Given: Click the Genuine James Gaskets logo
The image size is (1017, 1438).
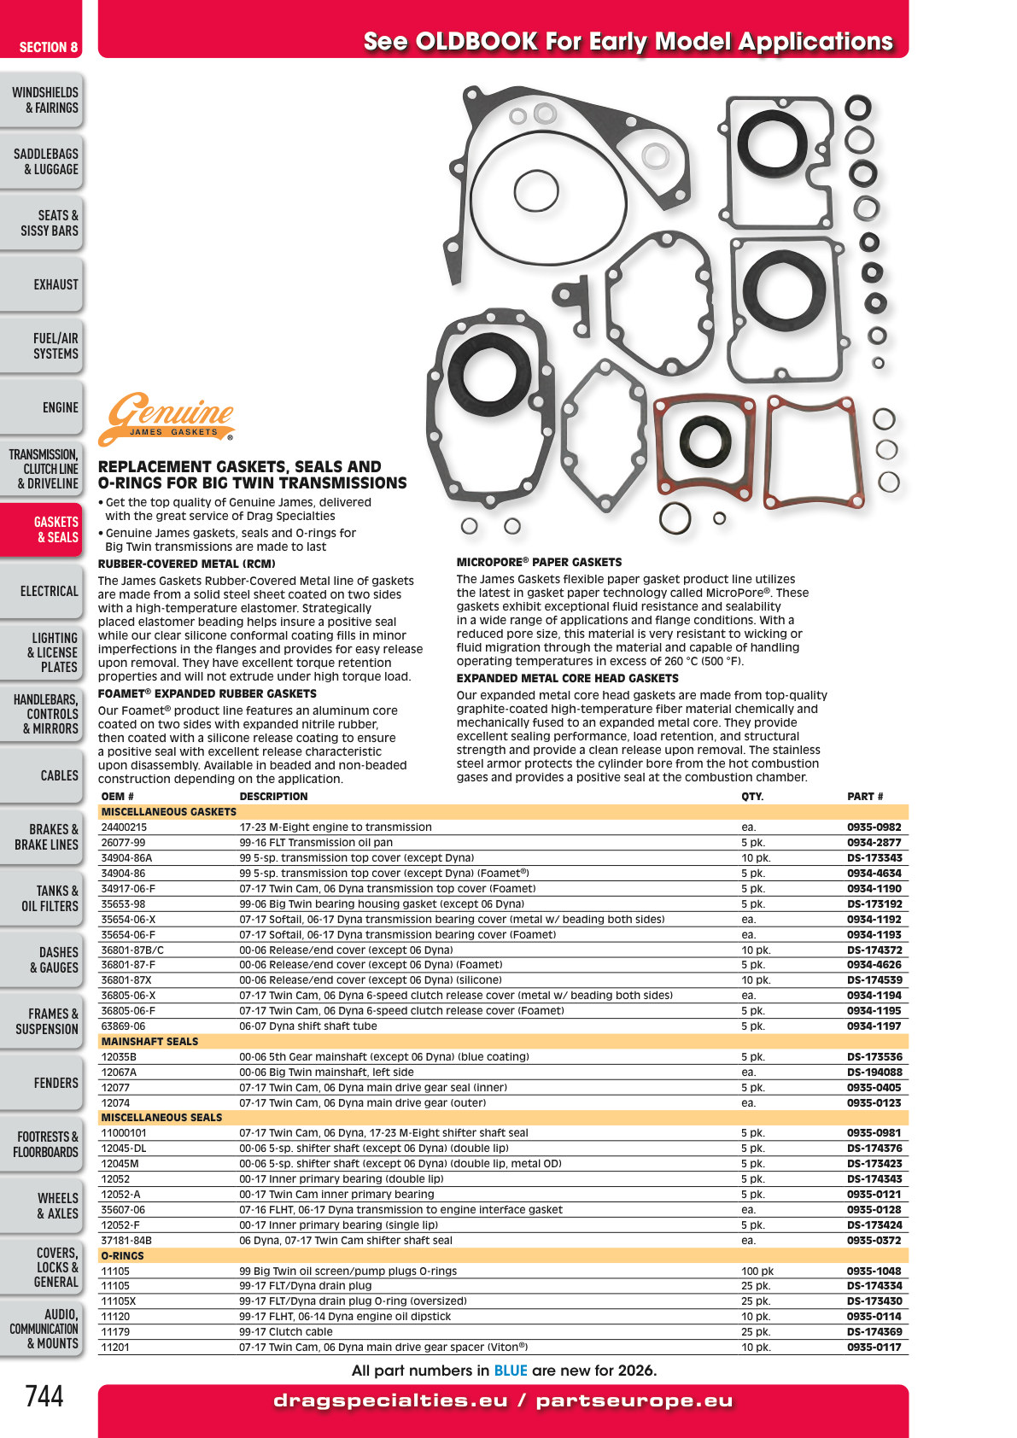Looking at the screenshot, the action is (167, 419).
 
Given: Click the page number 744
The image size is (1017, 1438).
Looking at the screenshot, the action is (44, 1396).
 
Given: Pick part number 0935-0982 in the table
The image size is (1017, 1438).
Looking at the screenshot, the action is (874, 827).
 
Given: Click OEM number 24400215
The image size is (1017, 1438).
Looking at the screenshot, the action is (123, 827).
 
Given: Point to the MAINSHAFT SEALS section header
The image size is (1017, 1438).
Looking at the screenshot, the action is (149, 1041).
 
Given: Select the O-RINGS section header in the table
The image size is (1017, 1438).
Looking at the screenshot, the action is (123, 1255).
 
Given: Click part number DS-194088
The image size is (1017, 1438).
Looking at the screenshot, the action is (874, 1072).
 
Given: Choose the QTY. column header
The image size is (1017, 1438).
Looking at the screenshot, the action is (752, 797).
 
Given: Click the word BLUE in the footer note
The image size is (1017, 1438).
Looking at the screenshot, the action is (511, 1371).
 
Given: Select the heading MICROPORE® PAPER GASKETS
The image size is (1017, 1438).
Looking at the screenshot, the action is (540, 563).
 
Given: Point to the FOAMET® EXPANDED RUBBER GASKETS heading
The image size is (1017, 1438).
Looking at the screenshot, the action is (207, 694).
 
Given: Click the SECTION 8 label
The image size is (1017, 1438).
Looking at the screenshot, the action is (48, 48).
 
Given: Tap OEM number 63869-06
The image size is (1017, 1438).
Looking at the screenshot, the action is (123, 1026).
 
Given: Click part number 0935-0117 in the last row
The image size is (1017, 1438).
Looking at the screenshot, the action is (874, 1347).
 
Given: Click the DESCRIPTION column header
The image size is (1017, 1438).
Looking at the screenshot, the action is (273, 797).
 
